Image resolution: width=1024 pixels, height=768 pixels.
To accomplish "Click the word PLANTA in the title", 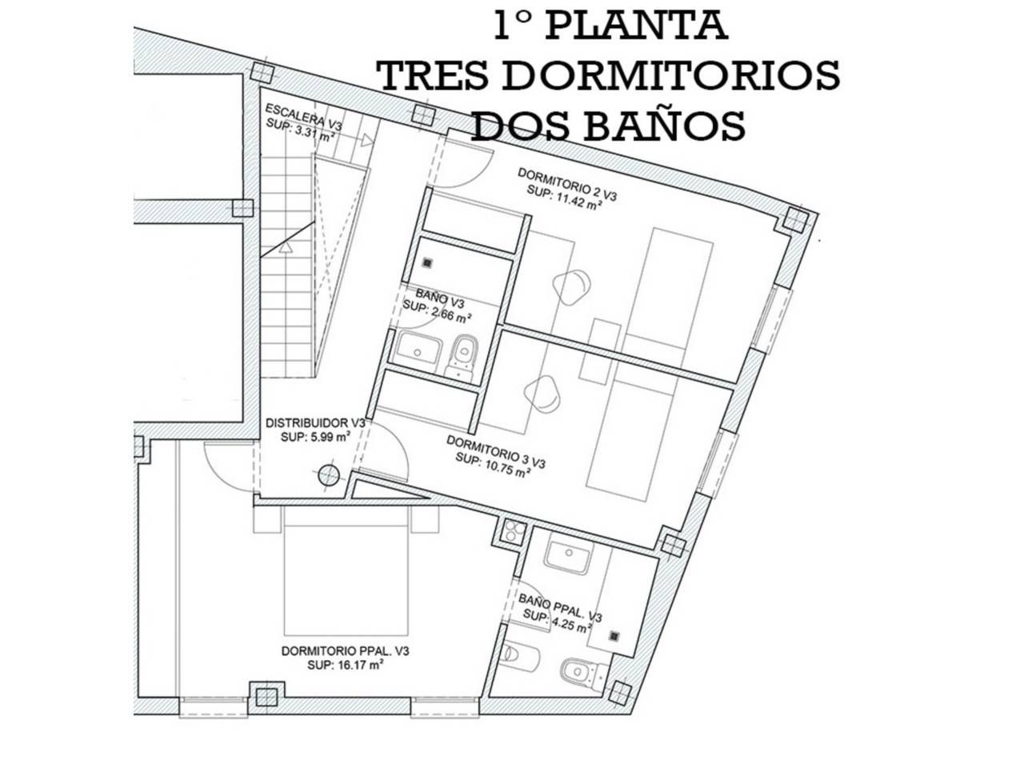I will (636, 26).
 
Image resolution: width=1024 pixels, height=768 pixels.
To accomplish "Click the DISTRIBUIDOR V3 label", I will (315, 423).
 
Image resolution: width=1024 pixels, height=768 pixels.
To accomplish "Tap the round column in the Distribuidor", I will (329, 475).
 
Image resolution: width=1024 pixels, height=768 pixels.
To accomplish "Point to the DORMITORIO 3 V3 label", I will (495, 451).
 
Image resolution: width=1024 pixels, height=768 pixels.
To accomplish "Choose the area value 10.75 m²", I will (504, 466).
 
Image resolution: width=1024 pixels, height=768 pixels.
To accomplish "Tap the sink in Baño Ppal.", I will (567, 554).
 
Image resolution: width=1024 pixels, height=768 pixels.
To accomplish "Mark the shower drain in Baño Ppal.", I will (614, 636).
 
